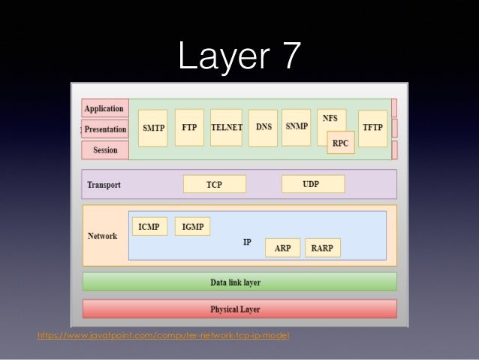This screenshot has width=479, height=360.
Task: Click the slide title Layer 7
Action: (x=239, y=53)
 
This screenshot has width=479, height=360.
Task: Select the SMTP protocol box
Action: (x=154, y=129)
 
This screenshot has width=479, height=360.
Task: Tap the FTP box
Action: (x=189, y=129)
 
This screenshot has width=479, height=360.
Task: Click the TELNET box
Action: (x=226, y=129)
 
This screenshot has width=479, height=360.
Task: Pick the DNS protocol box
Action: (x=264, y=129)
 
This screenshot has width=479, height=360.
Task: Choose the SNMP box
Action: (x=297, y=127)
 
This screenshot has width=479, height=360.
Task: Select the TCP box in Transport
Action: (x=214, y=184)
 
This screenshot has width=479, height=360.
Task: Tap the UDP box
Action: (x=312, y=184)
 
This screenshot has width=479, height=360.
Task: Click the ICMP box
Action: (x=149, y=225)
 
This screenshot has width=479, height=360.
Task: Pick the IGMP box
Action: (x=192, y=225)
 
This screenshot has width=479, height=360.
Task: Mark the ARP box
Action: (x=282, y=248)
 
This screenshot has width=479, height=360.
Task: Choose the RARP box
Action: (x=324, y=248)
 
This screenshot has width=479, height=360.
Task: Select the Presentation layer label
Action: (x=105, y=129)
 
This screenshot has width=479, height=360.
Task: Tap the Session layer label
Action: (x=105, y=150)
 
